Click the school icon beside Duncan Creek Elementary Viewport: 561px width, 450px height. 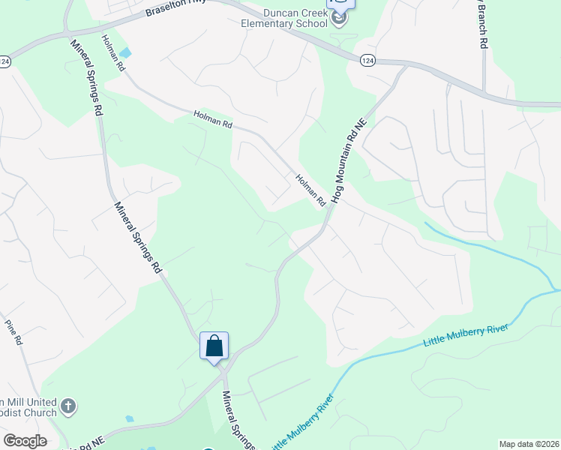[x=339, y=18]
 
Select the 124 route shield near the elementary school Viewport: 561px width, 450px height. [x=367, y=60]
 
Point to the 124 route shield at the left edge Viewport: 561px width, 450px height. [x=4, y=63]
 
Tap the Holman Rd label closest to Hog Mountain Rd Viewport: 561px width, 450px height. [x=310, y=190]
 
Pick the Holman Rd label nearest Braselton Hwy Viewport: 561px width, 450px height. [x=113, y=52]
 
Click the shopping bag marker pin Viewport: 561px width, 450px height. [x=214, y=346]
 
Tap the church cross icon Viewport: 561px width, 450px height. [x=67, y=406]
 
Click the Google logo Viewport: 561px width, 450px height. [x=25, y=441]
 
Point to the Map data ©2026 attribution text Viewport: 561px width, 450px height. [x=529, y=444]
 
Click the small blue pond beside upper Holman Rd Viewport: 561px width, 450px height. [x=124, y=52]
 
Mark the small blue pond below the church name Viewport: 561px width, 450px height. [x=130, y=418]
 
